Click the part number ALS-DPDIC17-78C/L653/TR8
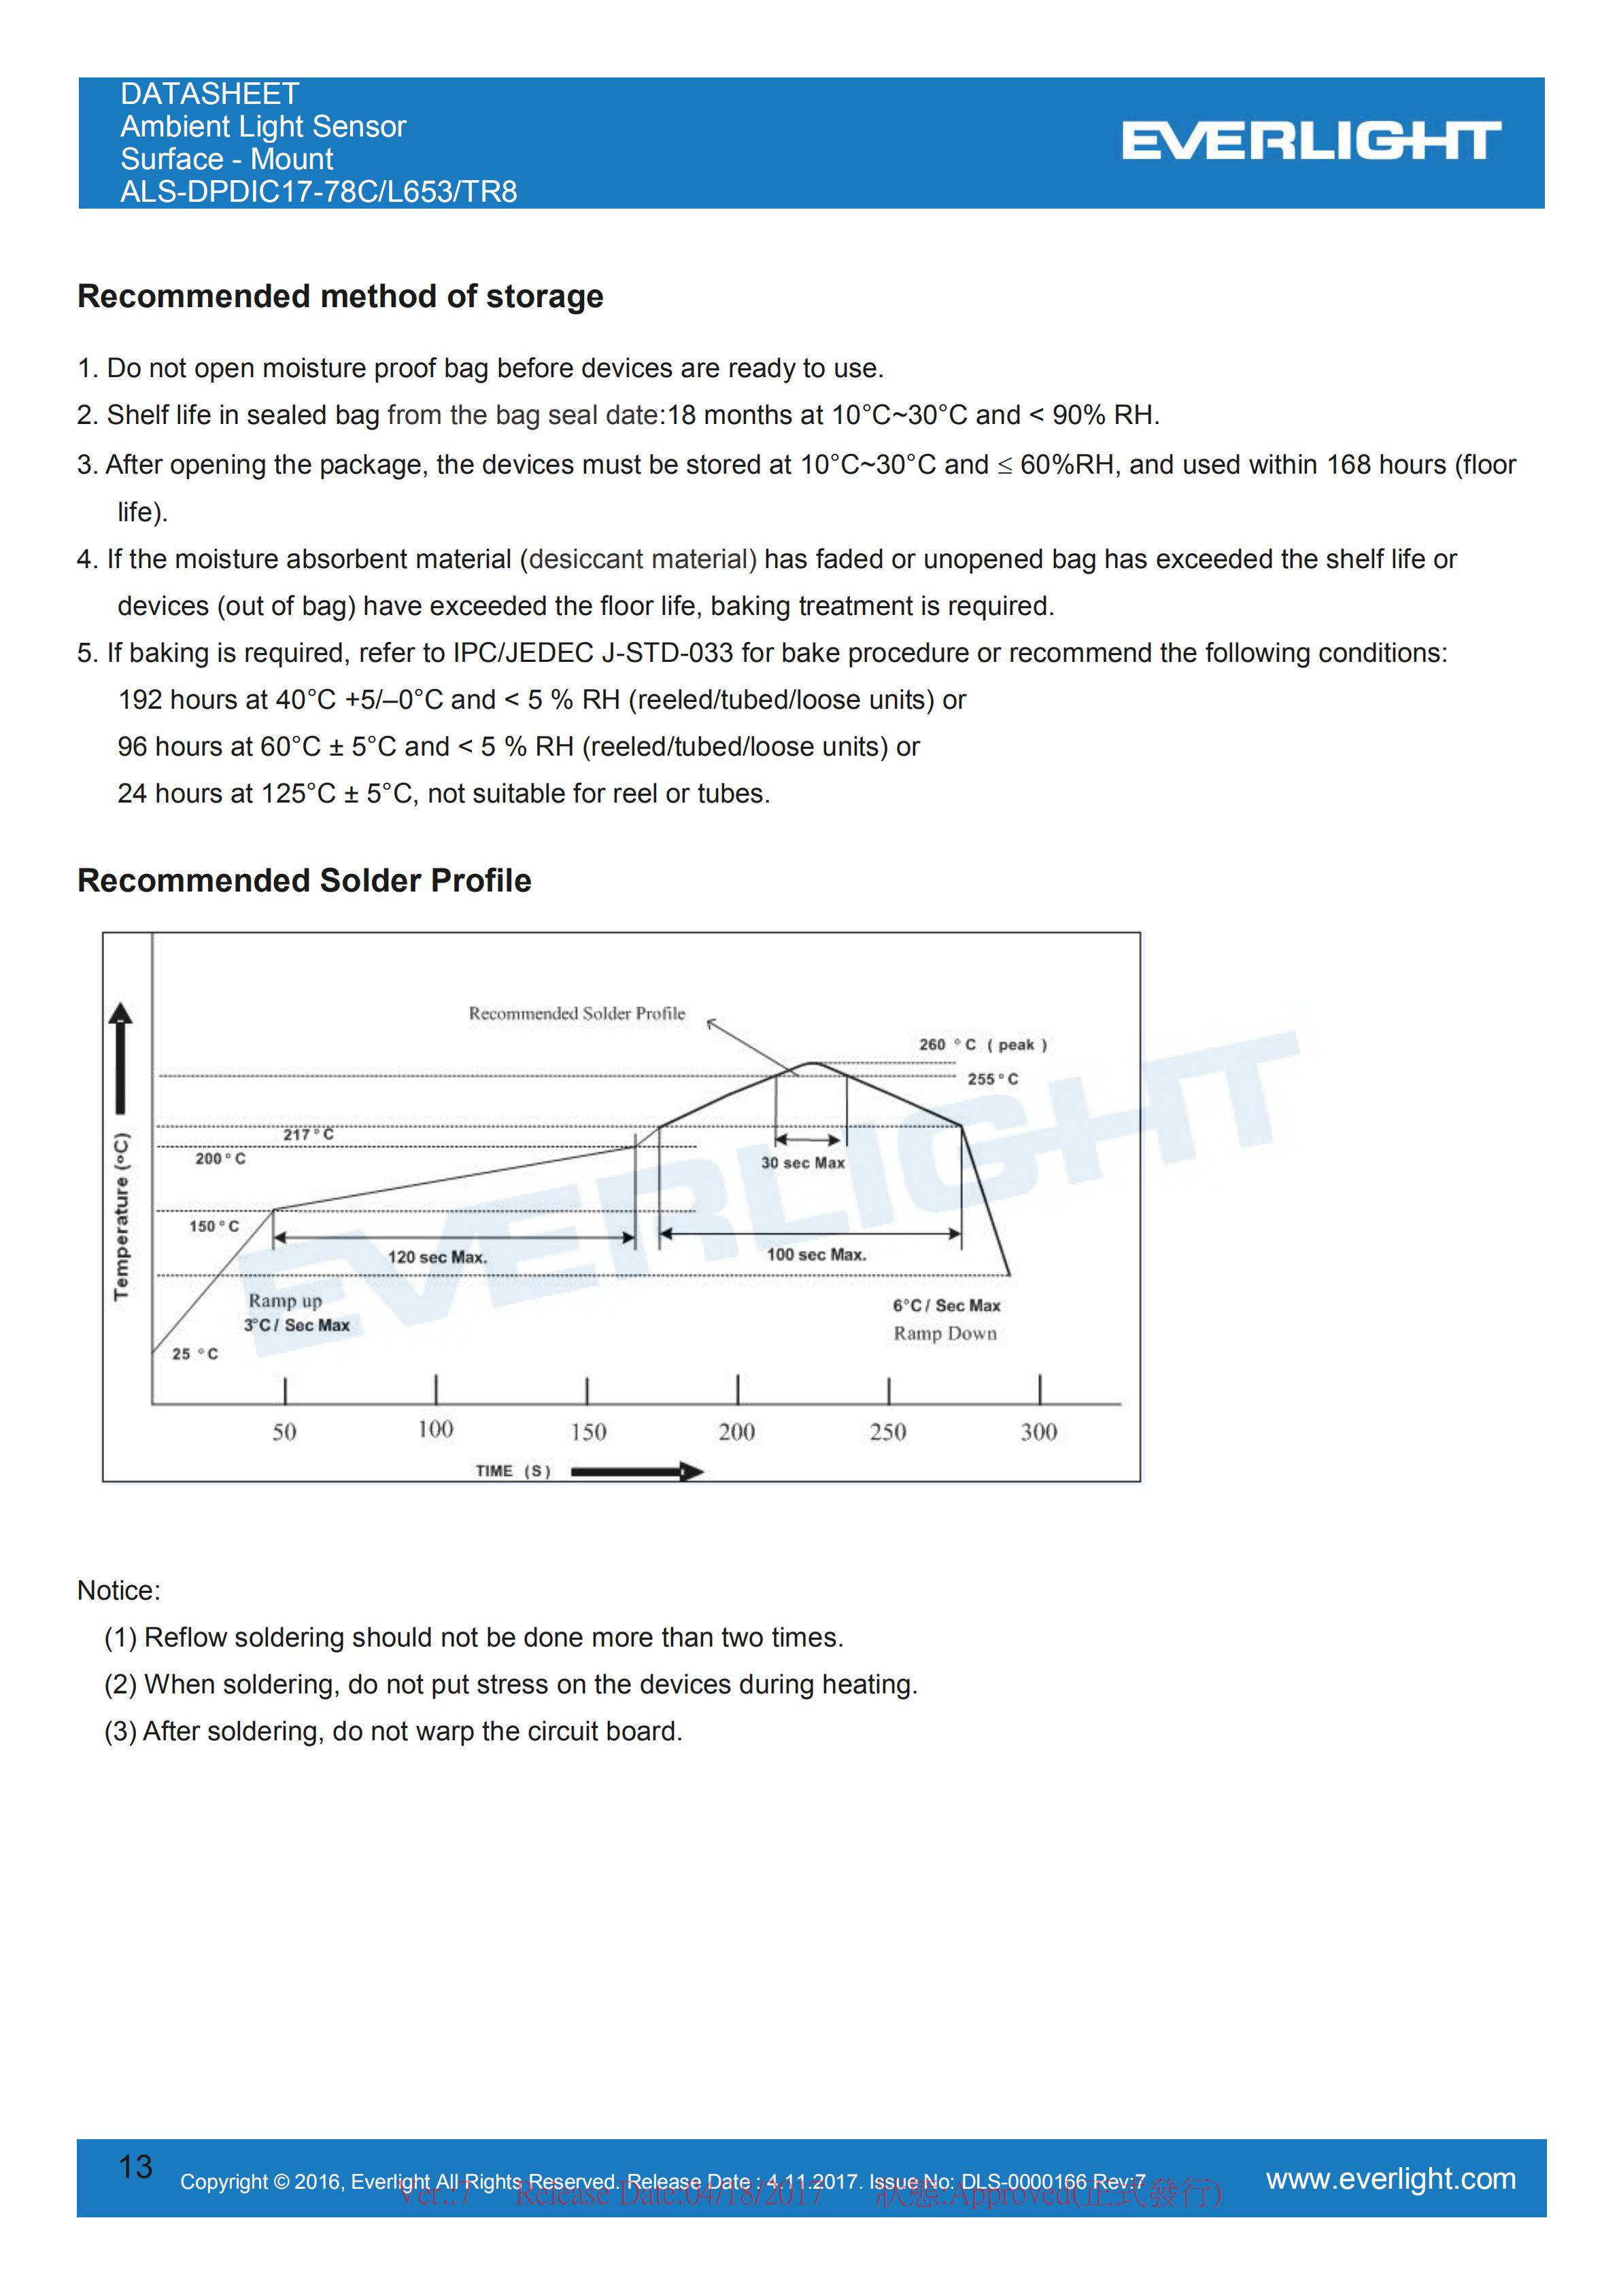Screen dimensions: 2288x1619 [318, 192]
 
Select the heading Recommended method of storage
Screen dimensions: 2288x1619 [340, 296]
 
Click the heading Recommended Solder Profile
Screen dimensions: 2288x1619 [304, 880]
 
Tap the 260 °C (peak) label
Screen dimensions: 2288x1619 [982, 1044]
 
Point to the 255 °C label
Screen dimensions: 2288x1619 [992, 1079]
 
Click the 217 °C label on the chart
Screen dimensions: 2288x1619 [308, 1134]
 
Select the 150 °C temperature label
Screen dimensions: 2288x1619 [214, 1226]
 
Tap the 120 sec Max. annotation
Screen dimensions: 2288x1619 [437, 1258]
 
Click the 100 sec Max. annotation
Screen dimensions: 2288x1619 [815, 1254]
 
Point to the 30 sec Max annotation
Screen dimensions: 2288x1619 [802, 1163]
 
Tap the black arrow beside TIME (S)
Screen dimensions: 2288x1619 [637, 1471]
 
